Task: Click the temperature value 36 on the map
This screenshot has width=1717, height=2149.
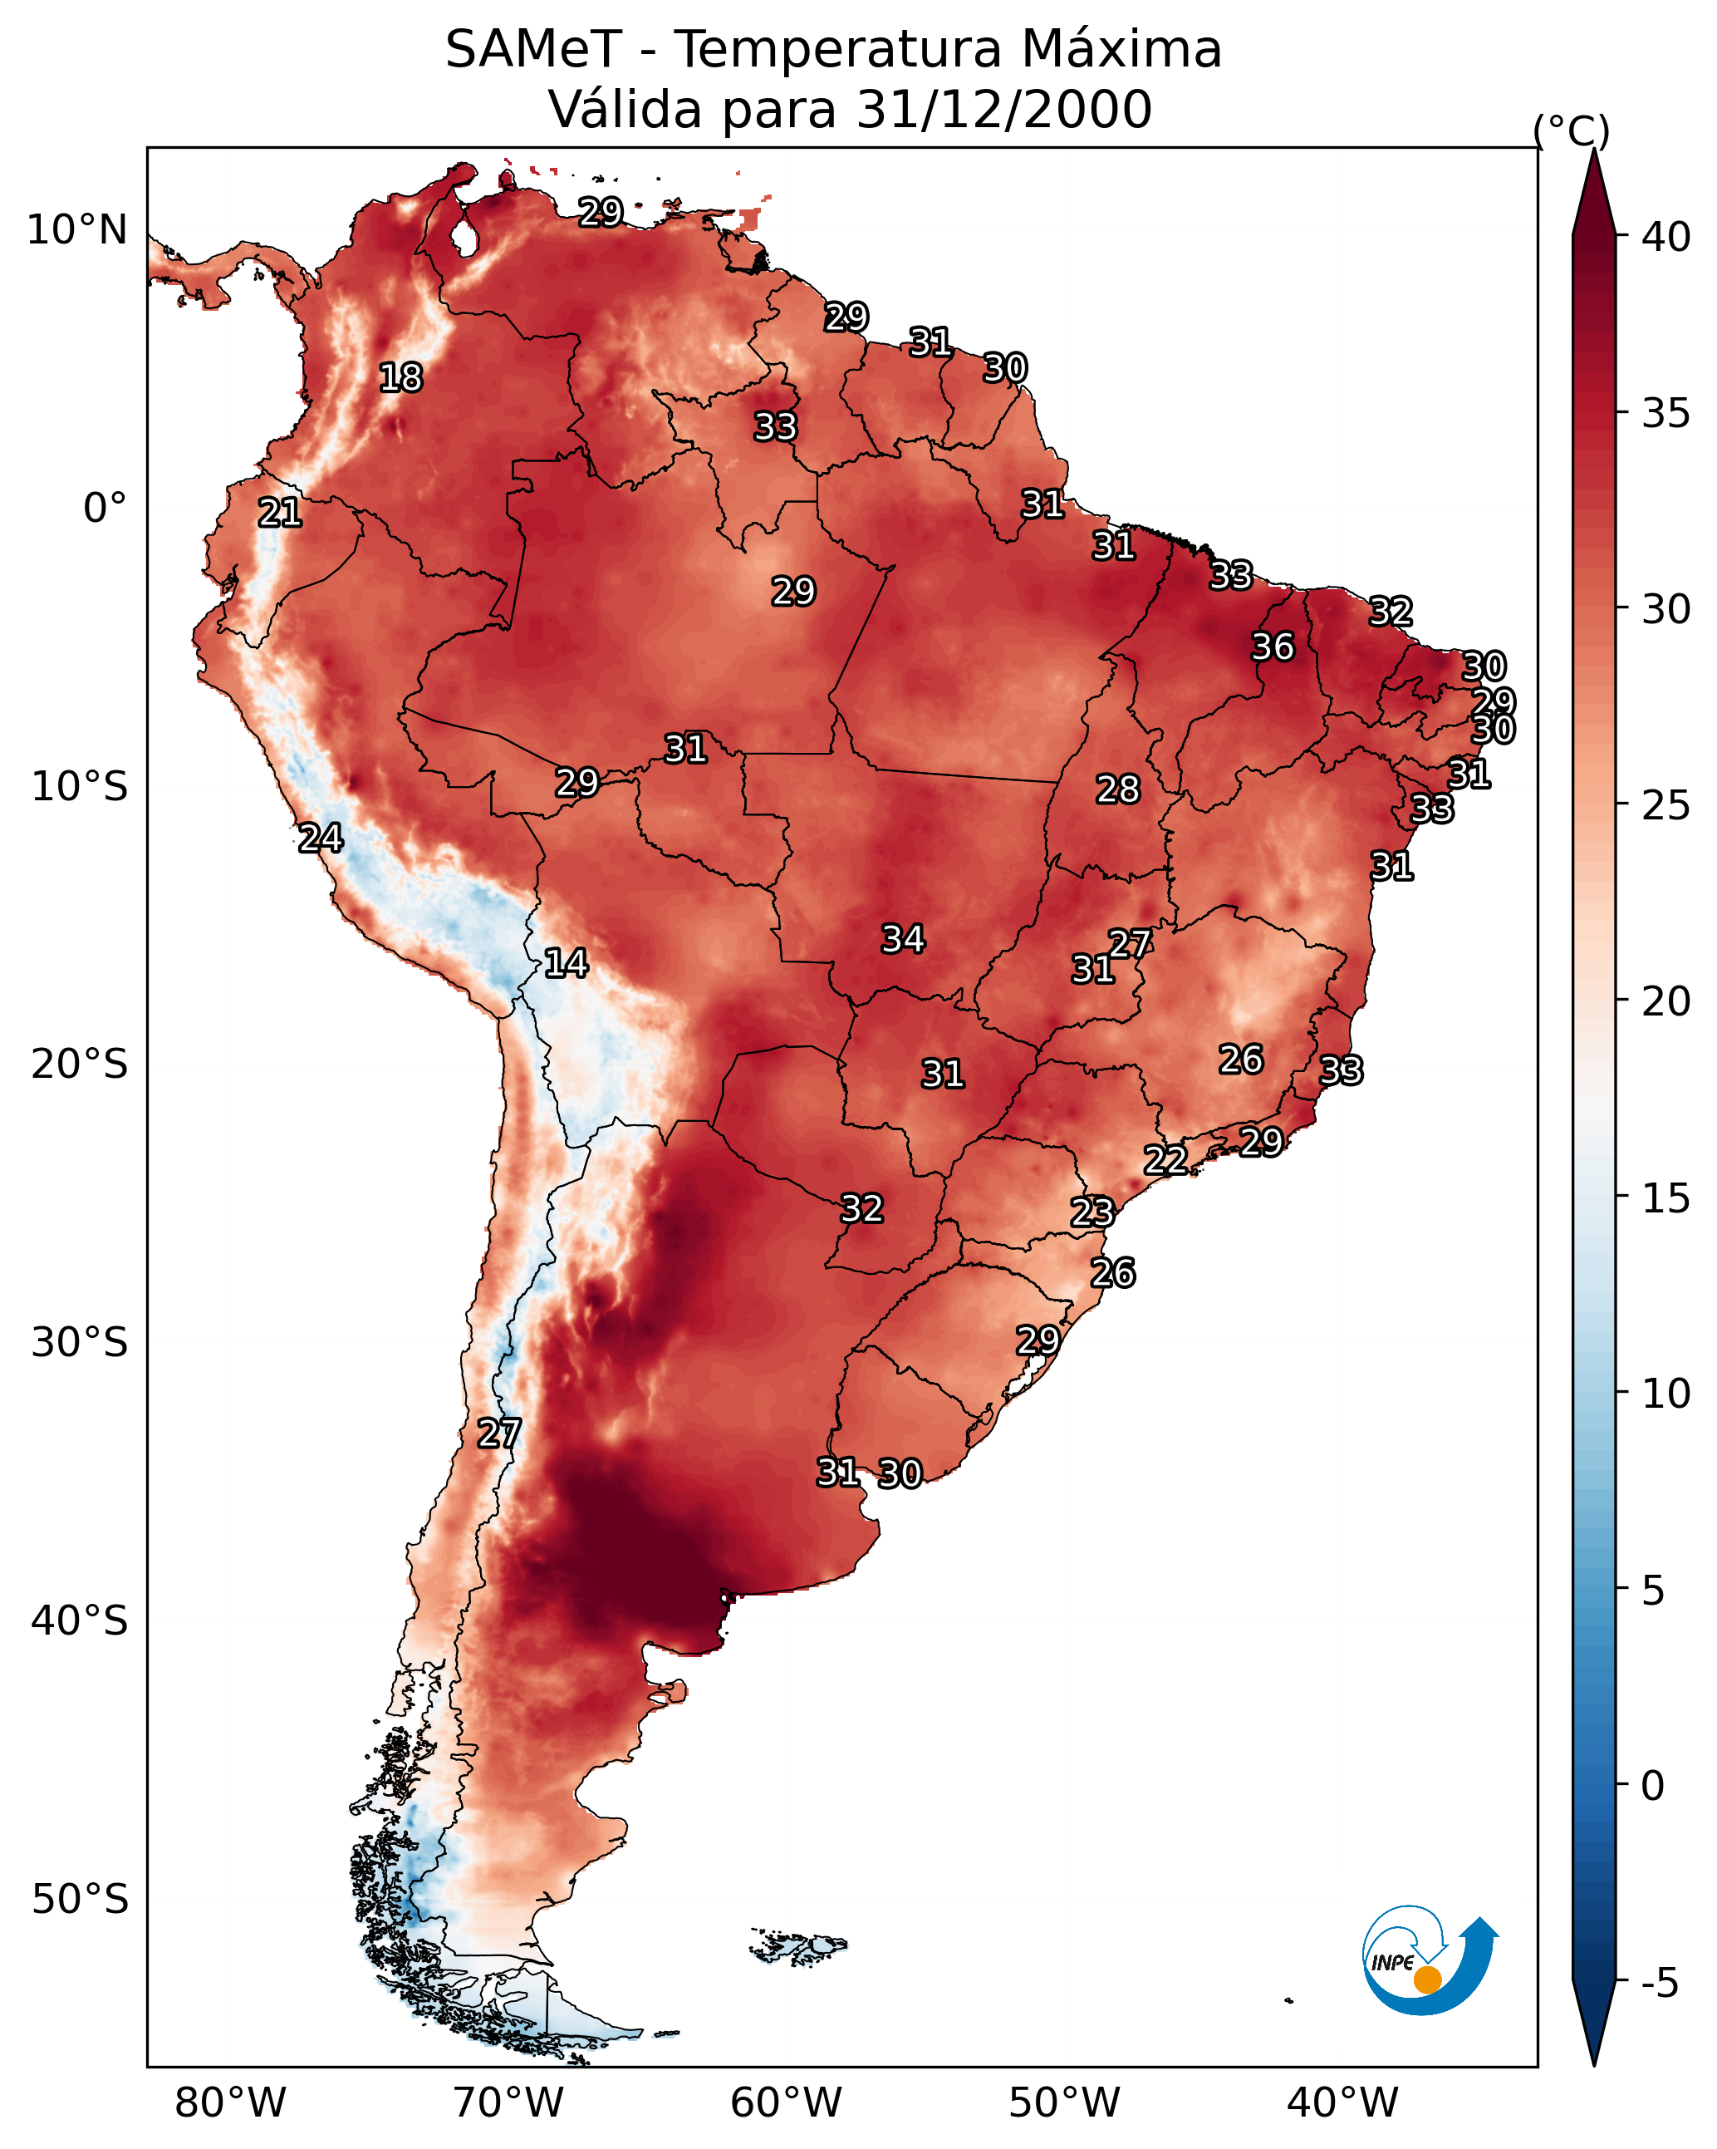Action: coord(1273,647)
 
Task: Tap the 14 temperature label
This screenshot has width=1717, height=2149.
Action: coord(566,963)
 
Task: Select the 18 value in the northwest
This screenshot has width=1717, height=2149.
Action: coord(400,378)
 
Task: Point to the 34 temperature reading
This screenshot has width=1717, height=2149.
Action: coord(903,939)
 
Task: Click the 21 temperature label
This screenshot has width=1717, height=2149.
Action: coord(280,514)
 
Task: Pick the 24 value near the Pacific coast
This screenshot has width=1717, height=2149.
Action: coord(321,838)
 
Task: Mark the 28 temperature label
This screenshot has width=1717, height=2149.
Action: coord(1117,789)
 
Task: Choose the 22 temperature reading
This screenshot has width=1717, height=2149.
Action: coord(1165,1160)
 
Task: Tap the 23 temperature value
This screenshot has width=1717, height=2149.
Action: coord(1092,1212)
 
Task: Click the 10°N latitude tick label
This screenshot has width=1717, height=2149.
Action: coord(76,230)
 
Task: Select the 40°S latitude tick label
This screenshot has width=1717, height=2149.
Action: coord(80,1620)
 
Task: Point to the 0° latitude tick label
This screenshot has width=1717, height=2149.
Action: coord(105,509)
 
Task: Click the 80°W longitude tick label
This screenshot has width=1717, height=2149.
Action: coord(230,2102)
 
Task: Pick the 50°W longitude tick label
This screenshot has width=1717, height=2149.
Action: coord(1064,2102)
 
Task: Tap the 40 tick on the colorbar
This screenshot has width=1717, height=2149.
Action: coord(1666,237)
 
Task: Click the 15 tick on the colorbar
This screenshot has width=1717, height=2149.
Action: coord(1666,1198)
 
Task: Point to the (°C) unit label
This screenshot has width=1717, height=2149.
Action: coord(1572,130)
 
